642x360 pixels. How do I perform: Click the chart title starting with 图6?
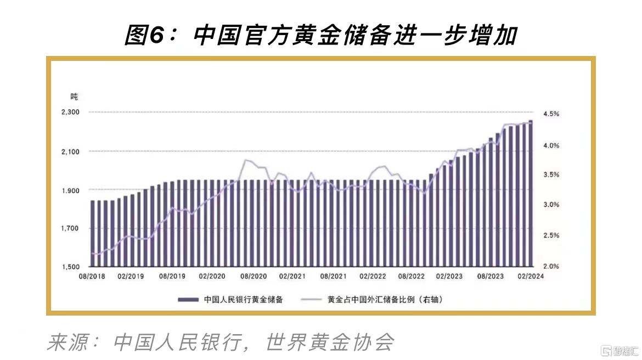click(x=321, y=36)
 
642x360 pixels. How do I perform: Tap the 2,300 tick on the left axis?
click(x=71, y=112)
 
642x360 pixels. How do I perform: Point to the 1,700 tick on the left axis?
click(x=71, y=228)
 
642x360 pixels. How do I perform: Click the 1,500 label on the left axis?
click(x=71, y=267)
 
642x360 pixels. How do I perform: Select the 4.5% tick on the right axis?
click(x=551, y=114)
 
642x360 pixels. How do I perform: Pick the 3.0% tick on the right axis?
click(x=551, y=205)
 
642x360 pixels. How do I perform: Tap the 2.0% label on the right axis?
click(x=551, y=267)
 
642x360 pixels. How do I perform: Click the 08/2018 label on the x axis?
click(x=92, y=277)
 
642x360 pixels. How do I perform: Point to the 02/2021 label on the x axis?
click(x=292, y=277)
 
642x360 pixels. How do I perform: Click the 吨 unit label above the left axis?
click(x=74, y=97)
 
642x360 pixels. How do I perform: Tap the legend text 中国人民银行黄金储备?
click(x=243, y=300)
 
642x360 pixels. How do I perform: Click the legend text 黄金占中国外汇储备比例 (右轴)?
click(x=385, y=300)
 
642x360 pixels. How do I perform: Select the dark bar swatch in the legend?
click(x=188, y=300)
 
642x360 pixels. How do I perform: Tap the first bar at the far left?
click(x=93, y=233)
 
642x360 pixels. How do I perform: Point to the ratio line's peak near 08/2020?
click(x=246, y=160)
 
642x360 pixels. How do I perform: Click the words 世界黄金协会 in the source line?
click(x=330, y=342)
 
